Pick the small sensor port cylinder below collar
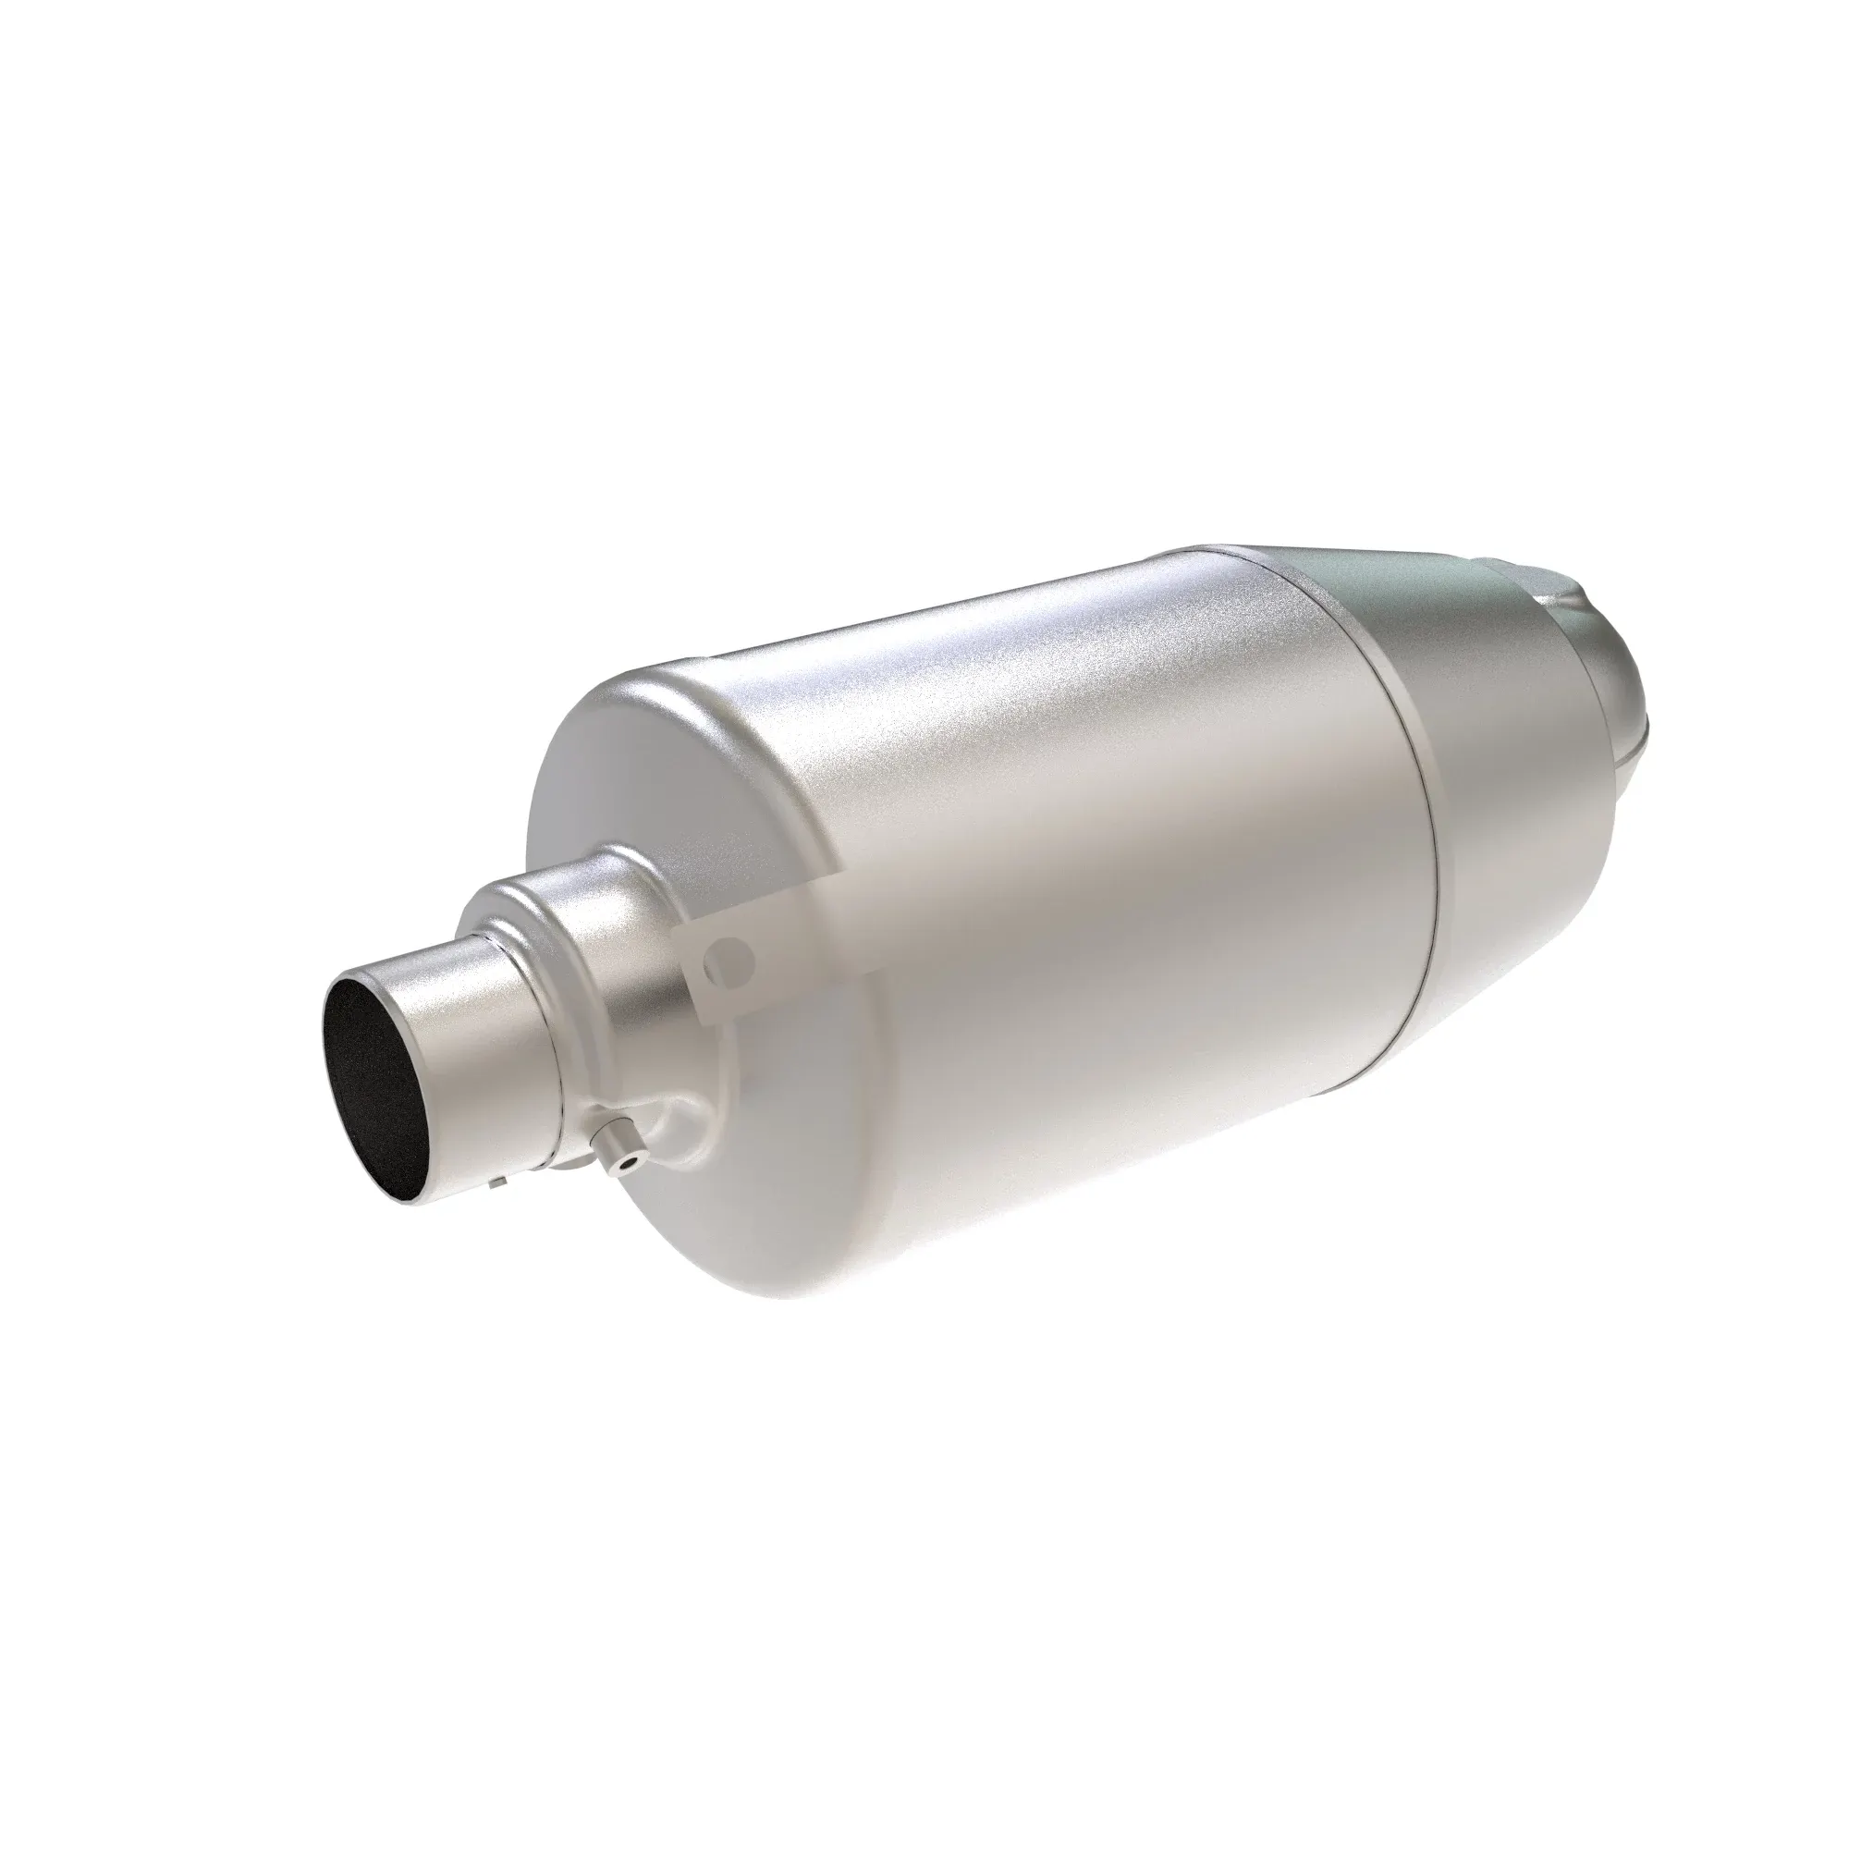[x=614, y=1153]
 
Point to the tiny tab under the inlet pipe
[x=495, y=1185]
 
